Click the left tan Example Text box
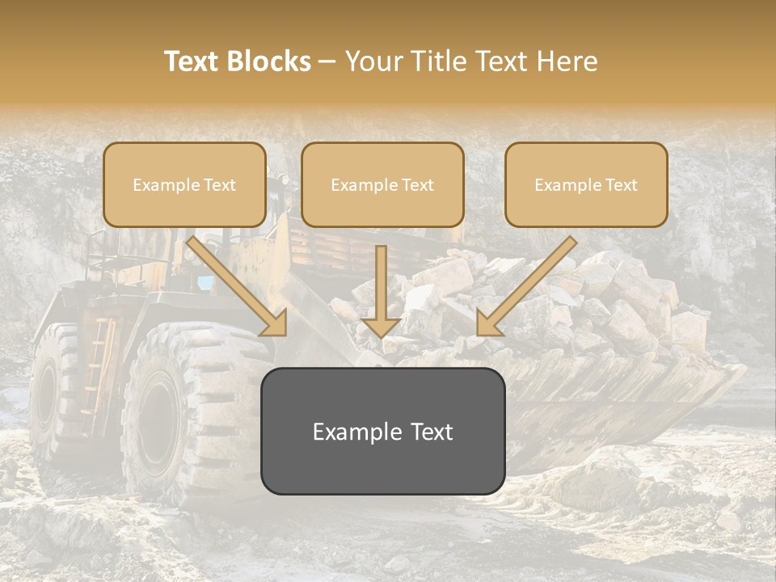[x=184, y=184]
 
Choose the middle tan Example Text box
[x=382, y=184]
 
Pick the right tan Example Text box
[x=586, y=184]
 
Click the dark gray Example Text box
[x=382, y=431]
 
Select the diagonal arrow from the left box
[x=234, y=283]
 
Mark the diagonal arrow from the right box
[x=529, y=283]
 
